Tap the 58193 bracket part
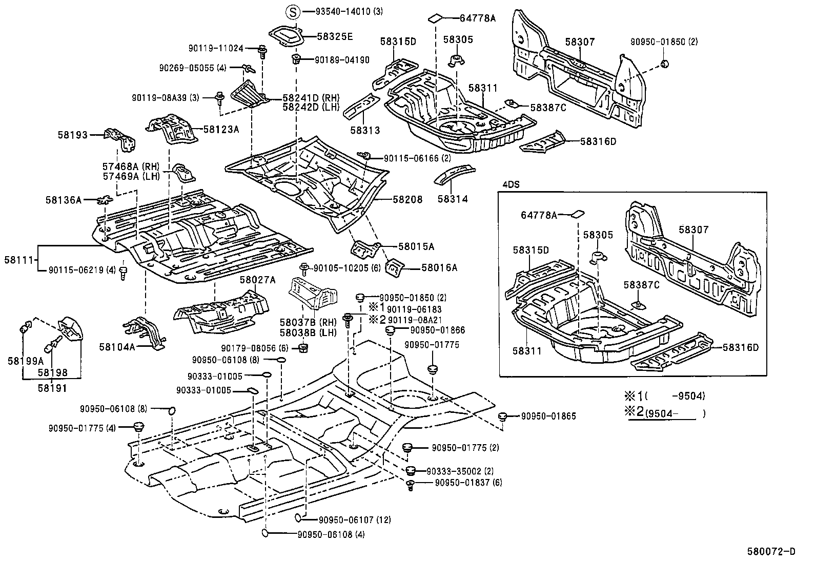tap(120, 139)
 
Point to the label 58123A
tap(221, 130)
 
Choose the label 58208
tap(409, 200)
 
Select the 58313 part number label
tap(365, 131)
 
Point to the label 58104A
tap(117, 347)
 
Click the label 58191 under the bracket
tap(52, 388)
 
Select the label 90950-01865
tap(548, 416)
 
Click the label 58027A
tap(257, 280)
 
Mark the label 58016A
tap(439, 267)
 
